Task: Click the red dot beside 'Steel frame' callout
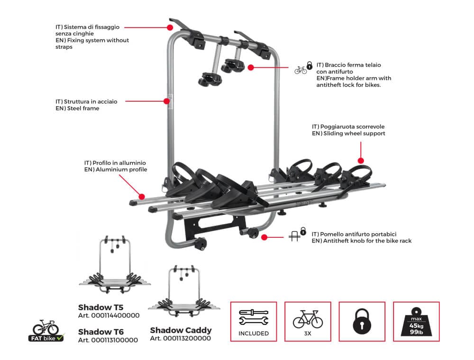166,101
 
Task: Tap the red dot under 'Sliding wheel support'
360,161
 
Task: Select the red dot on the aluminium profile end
141,196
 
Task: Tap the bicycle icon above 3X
308,319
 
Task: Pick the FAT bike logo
46,330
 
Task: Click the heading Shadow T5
100,306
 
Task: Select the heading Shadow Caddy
181,330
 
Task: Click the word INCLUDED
254,333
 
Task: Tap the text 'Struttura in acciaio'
86,101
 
